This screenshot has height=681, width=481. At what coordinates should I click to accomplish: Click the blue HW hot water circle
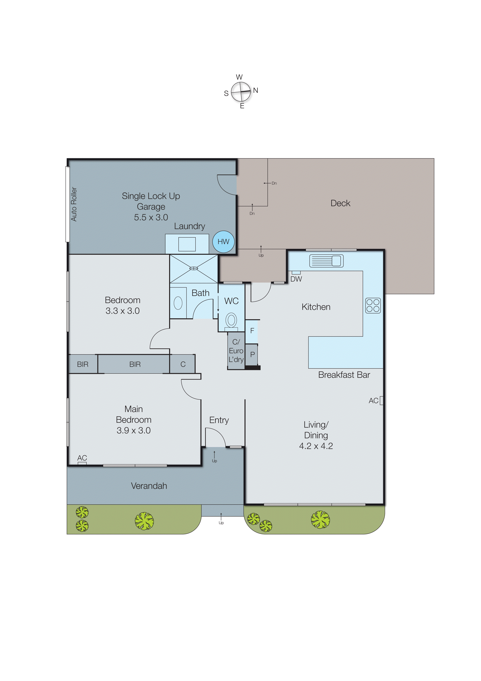[223, 242]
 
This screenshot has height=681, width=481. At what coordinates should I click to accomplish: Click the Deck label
[340, 203]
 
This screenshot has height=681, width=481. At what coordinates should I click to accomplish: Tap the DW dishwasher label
[296, 279]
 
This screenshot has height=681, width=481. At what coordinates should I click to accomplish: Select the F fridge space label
[252, 331]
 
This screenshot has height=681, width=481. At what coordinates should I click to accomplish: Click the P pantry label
[253, 354]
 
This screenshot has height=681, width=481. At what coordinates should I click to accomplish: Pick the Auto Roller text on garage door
[74, 204]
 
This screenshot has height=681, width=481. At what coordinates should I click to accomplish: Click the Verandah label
[149, 486]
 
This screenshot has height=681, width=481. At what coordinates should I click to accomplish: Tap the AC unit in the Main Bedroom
[82, 463]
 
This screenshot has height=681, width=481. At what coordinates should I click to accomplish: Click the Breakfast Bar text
[344, 375]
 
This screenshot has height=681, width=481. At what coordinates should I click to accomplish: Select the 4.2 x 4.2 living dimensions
[316, 446]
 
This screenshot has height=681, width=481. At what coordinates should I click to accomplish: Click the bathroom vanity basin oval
[178, 303]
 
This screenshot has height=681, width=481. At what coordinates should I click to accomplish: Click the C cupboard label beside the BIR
[183, 364]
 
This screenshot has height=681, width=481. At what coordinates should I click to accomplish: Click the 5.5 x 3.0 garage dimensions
[151, 217]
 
